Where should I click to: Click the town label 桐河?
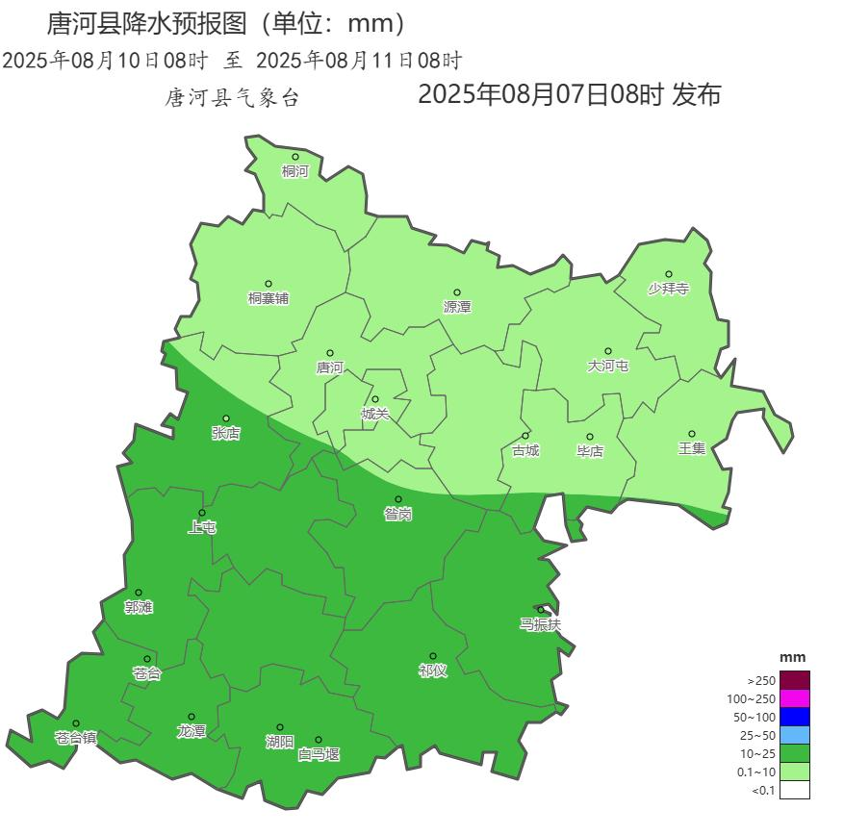[x=294, y=172]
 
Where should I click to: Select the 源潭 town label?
[x=456, y=307]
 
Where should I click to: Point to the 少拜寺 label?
[x=668, y=289]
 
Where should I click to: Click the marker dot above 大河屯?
[x=608, y=351]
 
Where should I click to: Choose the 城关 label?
[x=375, y=414]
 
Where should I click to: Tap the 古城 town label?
[x=525, y=450]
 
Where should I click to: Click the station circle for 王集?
[x=691, y=434]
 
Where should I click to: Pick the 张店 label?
[x=226, y=433]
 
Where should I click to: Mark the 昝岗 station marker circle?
[x=397, y=499]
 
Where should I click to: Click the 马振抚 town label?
[x=540, y=624]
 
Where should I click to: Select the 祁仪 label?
[x=432, y=671]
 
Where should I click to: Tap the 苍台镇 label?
[x=75, y=738]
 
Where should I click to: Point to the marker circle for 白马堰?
[x=318, y=740]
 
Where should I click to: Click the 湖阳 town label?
[x=279, y=742]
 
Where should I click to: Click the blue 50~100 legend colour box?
[x=794, y=717]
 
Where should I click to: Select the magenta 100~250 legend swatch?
[x=794, y=698]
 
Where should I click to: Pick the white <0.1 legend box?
[x=794, y=790]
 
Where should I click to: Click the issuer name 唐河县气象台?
[x=232, y=98]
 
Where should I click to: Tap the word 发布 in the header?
[x=697, y=95]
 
